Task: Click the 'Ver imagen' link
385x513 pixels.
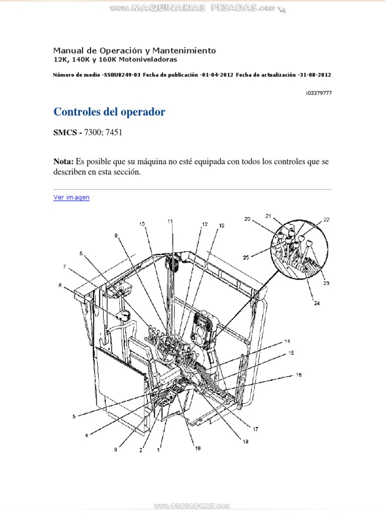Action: click(71, 197)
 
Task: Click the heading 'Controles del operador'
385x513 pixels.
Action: click(109, 112)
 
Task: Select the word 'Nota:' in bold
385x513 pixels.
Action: click(64, 161)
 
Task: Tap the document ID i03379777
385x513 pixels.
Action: click(318, 93)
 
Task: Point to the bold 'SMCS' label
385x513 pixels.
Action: click(67, 133)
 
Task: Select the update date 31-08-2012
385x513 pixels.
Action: click(314, 75)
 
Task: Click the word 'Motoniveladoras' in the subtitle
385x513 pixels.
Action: click(151, 60)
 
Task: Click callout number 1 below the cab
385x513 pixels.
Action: click(158, 450)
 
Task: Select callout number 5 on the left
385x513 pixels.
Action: click(74, 416)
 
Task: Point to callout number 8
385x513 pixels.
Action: click(61, 286)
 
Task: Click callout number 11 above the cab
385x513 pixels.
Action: click(170, 221)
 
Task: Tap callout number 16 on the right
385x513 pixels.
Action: click(298, 374)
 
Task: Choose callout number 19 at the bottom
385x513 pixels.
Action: click(198, 449)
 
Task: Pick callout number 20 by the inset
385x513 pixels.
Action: click(247, 218)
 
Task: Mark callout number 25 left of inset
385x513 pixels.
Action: click(246, 258)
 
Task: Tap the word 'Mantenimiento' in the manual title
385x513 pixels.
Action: click(187, 51)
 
